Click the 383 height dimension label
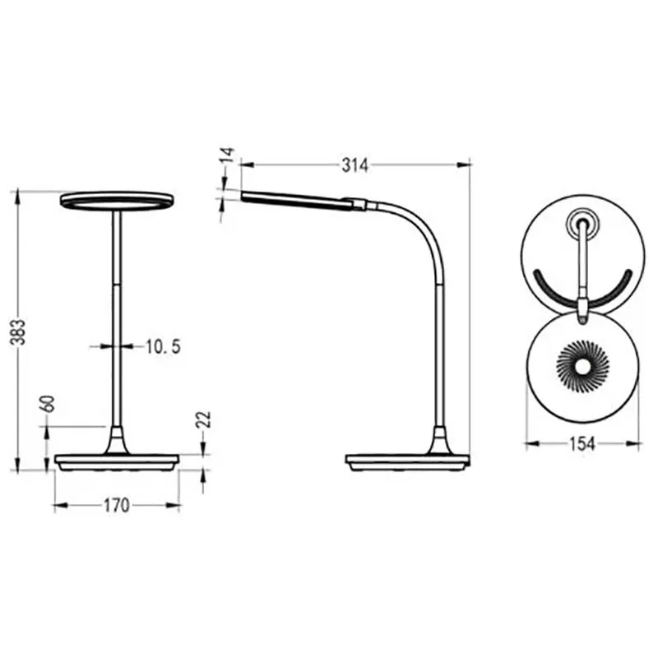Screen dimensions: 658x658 tap(18, 331)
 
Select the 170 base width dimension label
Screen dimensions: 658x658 tap(117, 506)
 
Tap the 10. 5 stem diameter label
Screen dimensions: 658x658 tap(163, 346)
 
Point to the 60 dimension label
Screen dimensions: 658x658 tap(49, 404)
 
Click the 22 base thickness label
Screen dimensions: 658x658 tap(203, 419)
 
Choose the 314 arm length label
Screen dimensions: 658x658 tap(355, 165)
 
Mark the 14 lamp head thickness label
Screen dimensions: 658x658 tap(228, 155)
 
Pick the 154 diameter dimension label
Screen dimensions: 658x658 tap(582, 443)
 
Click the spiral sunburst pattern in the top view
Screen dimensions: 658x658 tap(582, 367)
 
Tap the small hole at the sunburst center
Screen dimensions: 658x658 tap(582, 367)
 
